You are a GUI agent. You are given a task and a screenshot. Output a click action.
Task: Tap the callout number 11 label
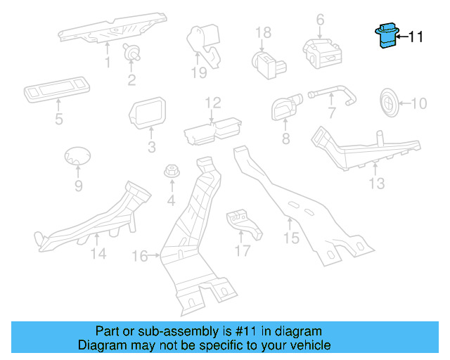coord(416,37)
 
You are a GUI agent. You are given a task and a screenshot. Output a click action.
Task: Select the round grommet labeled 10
coord(389,103)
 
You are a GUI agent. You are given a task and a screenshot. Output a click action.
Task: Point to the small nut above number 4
coord(170,172)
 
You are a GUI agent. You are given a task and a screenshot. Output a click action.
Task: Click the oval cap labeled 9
coord(77,157)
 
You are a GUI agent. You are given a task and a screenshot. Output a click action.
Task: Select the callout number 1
coord(108,63)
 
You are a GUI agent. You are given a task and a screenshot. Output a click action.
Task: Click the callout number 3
coord(151,147)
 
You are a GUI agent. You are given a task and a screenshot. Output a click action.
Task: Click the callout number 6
coord(320,19)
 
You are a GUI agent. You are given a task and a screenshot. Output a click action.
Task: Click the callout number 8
coord(285,139)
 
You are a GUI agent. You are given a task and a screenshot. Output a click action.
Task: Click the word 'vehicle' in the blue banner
coord(307,345)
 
